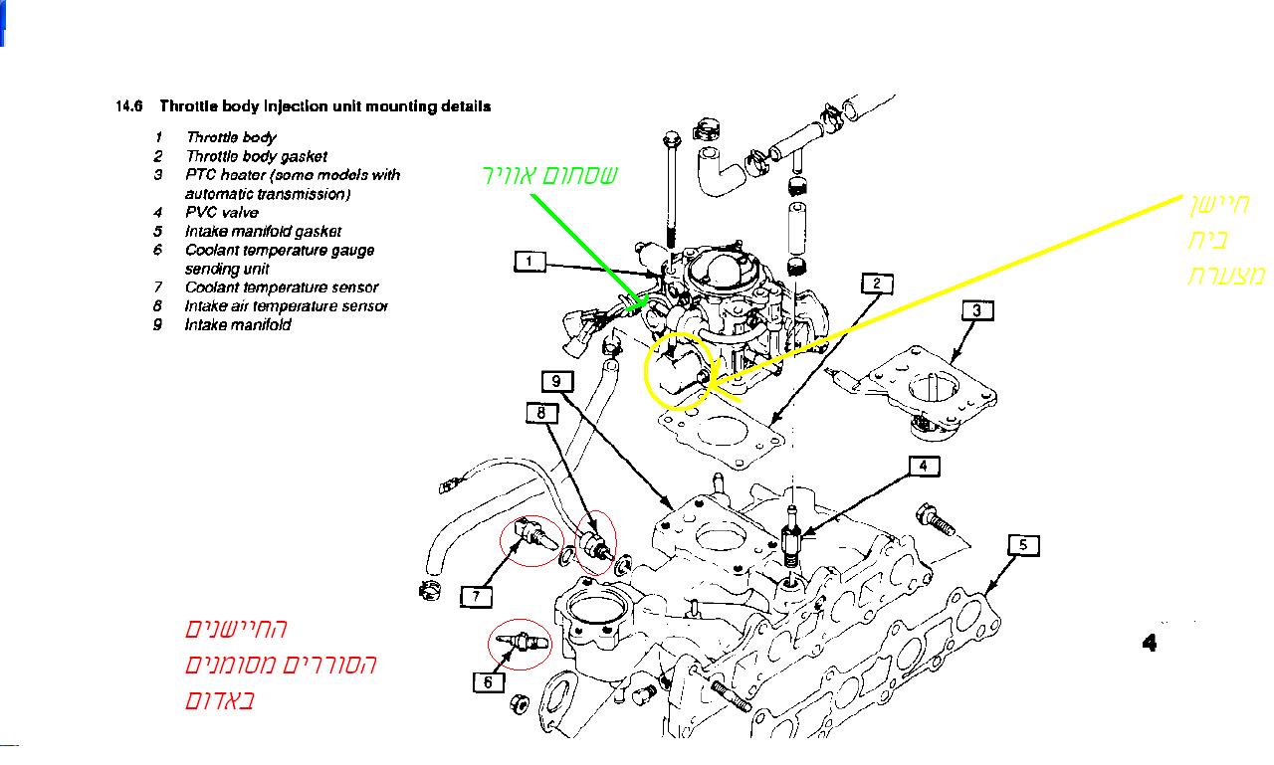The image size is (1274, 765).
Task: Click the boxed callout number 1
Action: (530, 262)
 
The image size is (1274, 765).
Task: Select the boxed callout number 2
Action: (876, 284)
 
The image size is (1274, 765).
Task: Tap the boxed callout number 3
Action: (977, 310)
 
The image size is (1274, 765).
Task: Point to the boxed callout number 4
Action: (923, 466)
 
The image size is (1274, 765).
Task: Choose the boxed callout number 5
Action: (1023, 544)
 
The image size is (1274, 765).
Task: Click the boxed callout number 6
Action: (488, 682)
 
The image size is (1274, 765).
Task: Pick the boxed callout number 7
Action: (477, 596)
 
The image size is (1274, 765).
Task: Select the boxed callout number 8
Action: (540, 411)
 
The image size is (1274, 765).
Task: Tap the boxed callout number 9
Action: (557, 380)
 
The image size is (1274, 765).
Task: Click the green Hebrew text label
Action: (549, 176)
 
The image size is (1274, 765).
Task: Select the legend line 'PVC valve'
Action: (221, 212)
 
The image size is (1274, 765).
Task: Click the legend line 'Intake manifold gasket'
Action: (263, 231)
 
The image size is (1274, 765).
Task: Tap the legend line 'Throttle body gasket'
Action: (256, 156)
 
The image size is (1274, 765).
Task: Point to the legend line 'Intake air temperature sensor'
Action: (286, 306)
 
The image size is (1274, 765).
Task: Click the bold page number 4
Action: (1150, 643)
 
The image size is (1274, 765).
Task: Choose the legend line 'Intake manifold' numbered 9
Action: (238, 325)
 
